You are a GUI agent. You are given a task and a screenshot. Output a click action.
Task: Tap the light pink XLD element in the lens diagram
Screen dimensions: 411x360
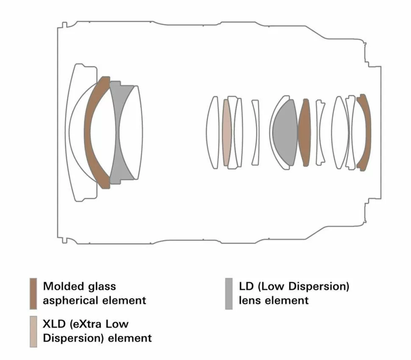tap(227, 132)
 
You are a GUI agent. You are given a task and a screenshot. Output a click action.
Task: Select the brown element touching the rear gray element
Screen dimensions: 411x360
tap(305, 132)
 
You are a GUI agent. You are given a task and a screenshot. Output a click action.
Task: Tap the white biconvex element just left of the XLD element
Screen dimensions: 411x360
tap(212, 132)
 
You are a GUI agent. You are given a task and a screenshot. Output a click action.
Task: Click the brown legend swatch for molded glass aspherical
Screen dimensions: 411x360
tap(33, 293)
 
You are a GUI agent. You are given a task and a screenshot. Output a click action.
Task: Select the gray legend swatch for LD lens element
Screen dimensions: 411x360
tap(229, 293)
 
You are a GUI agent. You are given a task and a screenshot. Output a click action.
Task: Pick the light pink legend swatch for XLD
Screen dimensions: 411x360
tap(33, 332)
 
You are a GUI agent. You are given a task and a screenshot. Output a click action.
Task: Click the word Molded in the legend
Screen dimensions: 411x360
tap(64, 286)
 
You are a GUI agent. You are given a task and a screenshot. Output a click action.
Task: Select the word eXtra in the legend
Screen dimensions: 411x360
tap(86, 324)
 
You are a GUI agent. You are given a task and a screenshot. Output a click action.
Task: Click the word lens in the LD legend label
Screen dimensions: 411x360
tap(250, 301)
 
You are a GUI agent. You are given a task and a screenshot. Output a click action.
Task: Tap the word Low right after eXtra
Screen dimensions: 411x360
tap(117, 324)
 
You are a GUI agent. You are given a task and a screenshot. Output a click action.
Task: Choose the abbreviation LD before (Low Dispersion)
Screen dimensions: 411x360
tap(246, 286)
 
